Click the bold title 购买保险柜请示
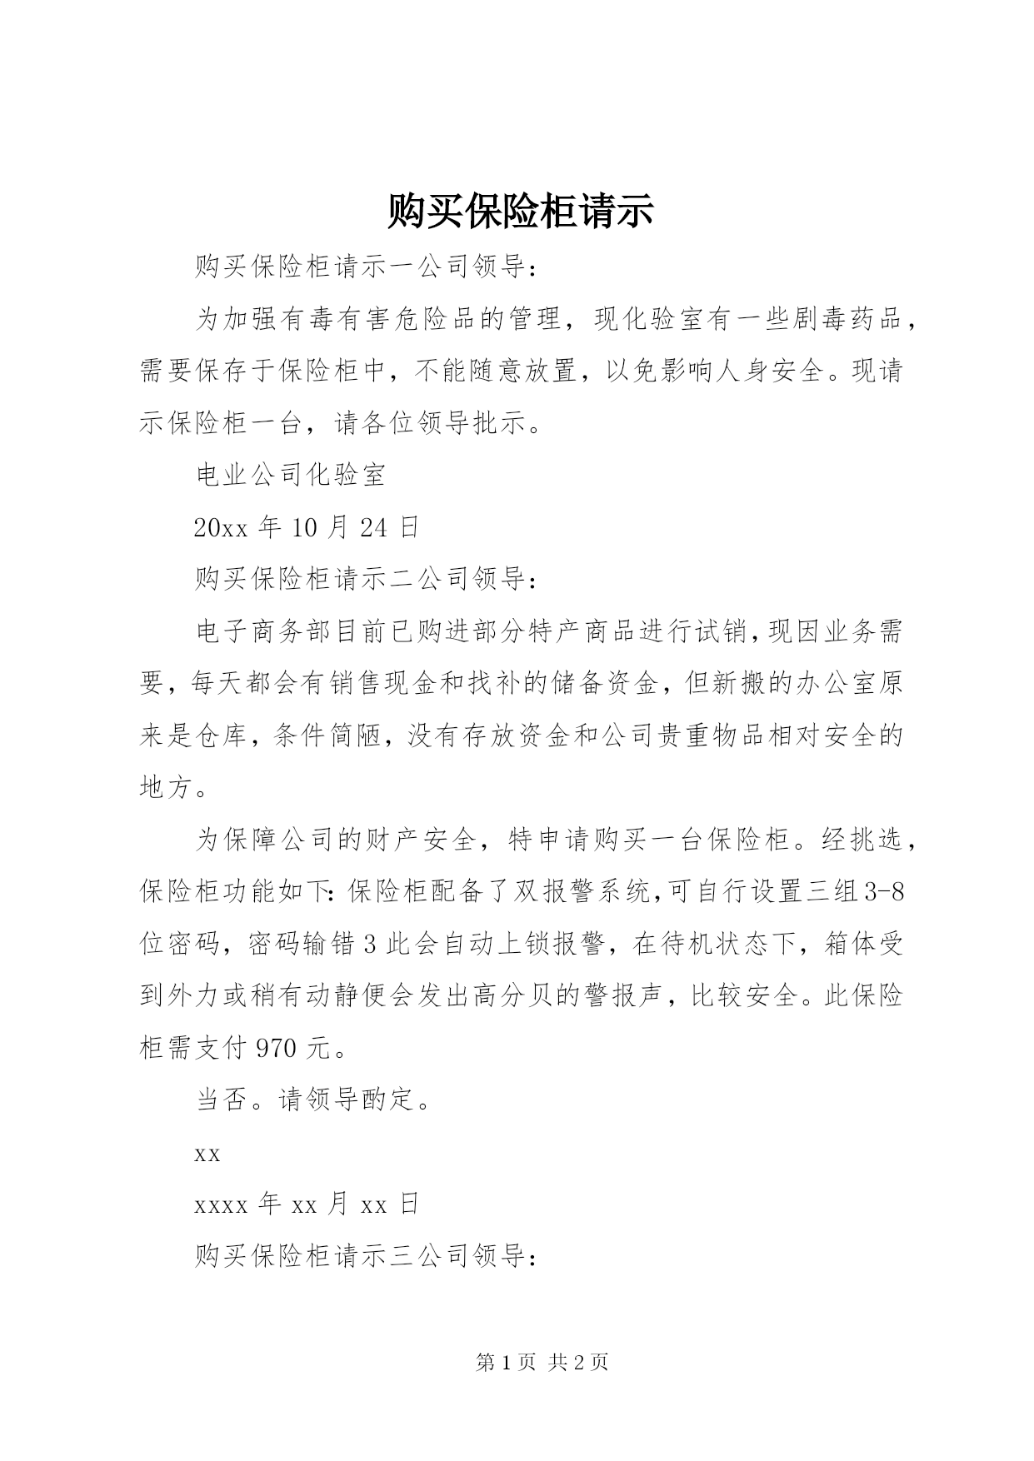pos(520,212)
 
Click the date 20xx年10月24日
pos(306,527)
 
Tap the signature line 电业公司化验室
pos(290,476)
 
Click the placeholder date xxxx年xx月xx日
pos(306,1204)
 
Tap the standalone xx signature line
pos(207,1154)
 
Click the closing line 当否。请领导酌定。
pos(314,1100)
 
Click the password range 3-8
pos(885,892)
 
